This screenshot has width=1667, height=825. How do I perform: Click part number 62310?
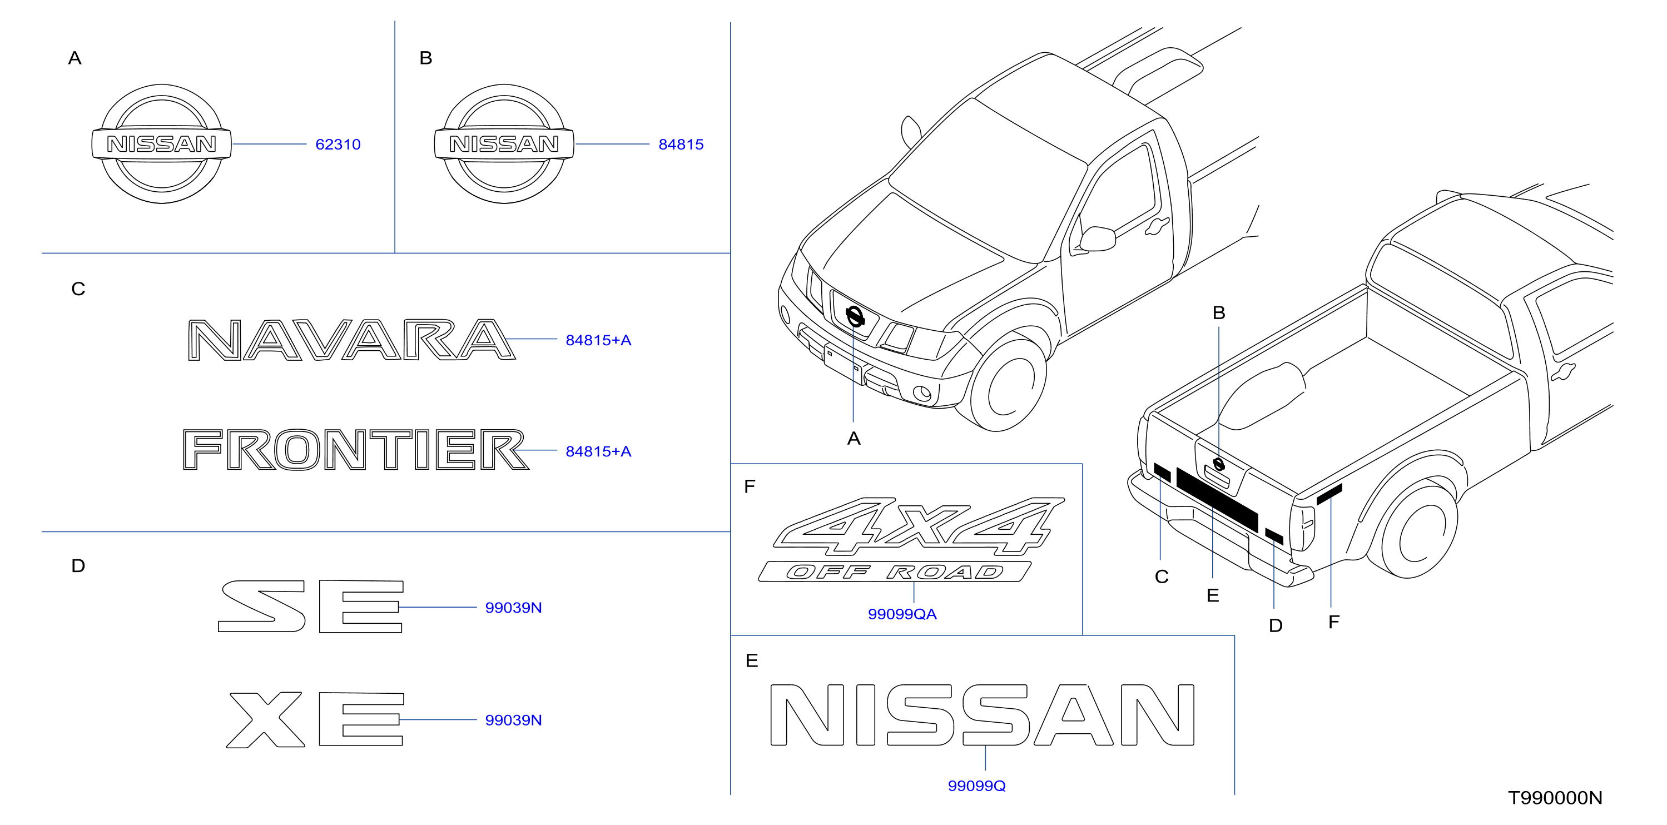338,145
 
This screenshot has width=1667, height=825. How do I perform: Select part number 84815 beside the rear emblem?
681,145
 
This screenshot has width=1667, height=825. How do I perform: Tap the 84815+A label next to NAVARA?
598,340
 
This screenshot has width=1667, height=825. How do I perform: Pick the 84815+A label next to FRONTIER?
598,451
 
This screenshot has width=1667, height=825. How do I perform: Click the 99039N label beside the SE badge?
513,608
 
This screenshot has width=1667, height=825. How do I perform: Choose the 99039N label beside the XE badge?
513,720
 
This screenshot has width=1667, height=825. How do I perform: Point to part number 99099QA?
902,614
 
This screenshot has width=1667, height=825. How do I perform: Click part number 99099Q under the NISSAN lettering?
976,786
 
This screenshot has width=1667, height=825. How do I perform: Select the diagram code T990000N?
1555,798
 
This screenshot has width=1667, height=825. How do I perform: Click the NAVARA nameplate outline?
351,340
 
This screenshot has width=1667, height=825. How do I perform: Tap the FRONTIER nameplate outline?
355,450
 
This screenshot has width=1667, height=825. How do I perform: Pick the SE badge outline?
311,607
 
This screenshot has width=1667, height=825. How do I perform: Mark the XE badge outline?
315,719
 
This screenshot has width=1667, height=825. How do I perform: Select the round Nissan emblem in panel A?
161,143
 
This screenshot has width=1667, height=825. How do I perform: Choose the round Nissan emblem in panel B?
504,143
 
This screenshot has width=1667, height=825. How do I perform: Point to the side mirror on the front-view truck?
1098,238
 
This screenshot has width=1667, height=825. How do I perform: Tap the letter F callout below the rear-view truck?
1334,622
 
